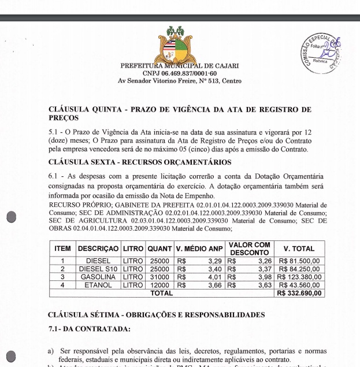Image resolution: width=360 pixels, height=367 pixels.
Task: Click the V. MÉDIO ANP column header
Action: pos(199,249)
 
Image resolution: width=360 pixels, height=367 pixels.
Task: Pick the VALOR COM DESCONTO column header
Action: pos(249,249)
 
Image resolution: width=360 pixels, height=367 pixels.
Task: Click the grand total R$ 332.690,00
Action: pos(300,293)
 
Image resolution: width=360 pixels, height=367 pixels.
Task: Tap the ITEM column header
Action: pos(62,249)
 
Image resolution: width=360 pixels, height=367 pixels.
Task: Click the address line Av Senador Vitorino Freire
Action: pos(179,81)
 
